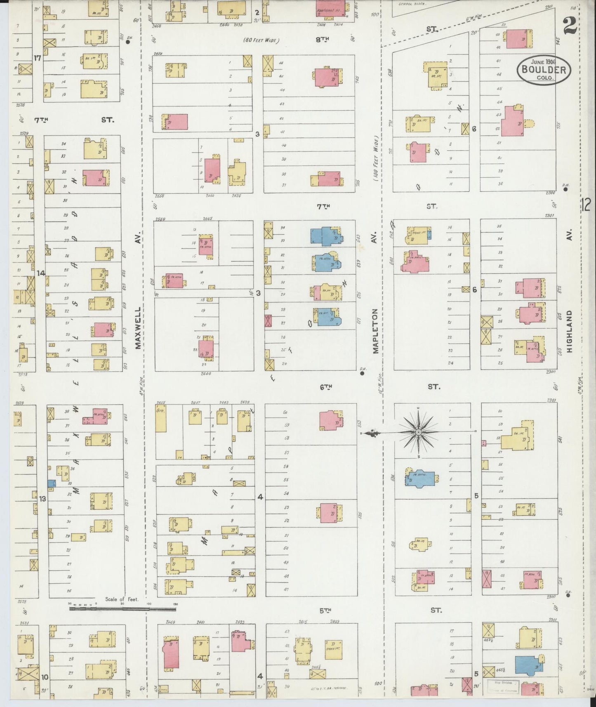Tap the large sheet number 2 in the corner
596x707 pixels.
pyautogui.click(x=570, y=28)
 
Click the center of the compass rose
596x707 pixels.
pyautogui.click(x=418, y=432)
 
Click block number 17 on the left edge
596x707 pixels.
pyautogui.click(x=38, y=58)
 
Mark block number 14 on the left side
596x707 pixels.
pyautogui.click(x=40, y=273)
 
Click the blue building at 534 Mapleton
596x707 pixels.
pyautogui.click(x=421, y=480)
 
